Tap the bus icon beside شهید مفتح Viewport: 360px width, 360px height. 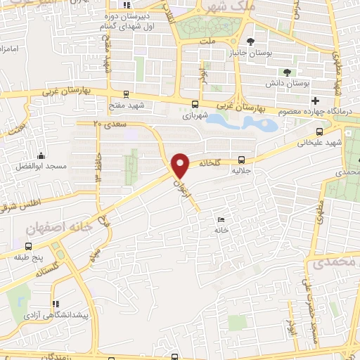(x=126, y=94)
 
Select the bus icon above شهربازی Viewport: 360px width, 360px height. (x=194, y=104)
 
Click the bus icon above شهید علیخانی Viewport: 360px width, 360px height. (x=320, y=130)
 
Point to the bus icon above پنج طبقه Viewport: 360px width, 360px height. (x=29, y=246)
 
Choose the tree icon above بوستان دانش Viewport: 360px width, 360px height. (x=286, y=72)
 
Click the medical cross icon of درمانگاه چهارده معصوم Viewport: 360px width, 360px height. (x=316, y=101)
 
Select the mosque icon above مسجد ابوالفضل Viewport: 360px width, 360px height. (x=42, y=156)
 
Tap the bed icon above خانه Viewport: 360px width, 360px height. (x=222, y=220)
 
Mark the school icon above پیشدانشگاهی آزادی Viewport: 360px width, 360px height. (x=55, y=304)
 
